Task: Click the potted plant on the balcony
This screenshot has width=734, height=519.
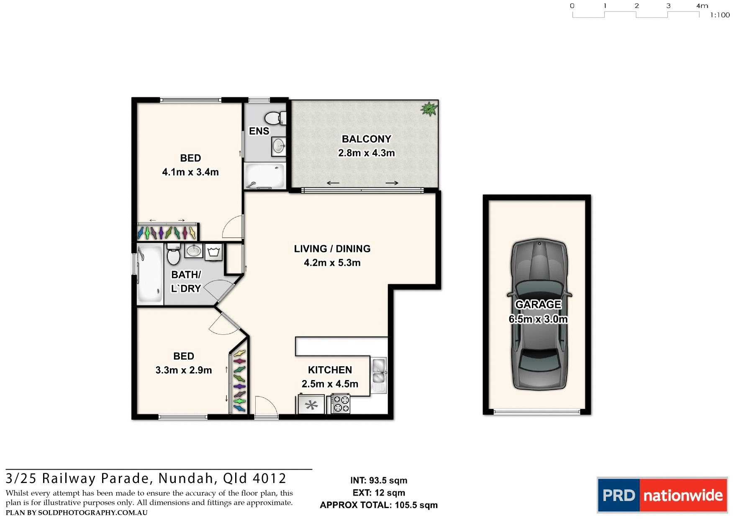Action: pyautogui.click(x=429, y=109)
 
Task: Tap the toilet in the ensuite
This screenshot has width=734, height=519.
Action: pyautogui.click(x=275, y=118)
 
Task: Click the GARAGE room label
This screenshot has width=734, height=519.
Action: pyautogui.click(x=538, y=304)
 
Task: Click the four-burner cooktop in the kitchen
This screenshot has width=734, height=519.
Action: pyautogui.click(x=341, y=404)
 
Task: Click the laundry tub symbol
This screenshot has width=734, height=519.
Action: pyautogui.click(x=214, y=252)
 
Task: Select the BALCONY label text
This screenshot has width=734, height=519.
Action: pyautogui.click(x=367, y=139)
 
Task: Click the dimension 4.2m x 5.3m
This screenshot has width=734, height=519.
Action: pyautogui.click(x=332, y=263)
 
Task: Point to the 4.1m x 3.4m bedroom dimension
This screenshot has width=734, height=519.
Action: pyautogui.click(x=190, y=172)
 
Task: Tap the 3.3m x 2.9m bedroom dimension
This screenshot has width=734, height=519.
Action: pyautogui.click(x=184, y=370)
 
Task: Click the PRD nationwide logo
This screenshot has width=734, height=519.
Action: pyautogui.click(x=662, y=496)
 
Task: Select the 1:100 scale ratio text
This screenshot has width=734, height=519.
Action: pyautogui.click(x=720, y=15)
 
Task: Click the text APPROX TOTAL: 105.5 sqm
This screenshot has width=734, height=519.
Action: pyautogui.click(x=379, y=505)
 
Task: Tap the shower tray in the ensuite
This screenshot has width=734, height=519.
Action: pyautogui.click(x=265, y=176)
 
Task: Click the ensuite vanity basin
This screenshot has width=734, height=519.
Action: pyautogui.click(x=278, y=146)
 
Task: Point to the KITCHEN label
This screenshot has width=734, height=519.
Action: pyautogui.click(x=330, y=370)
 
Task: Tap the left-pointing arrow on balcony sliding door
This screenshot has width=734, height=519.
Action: pyautogui.click(x=333, y=183)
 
